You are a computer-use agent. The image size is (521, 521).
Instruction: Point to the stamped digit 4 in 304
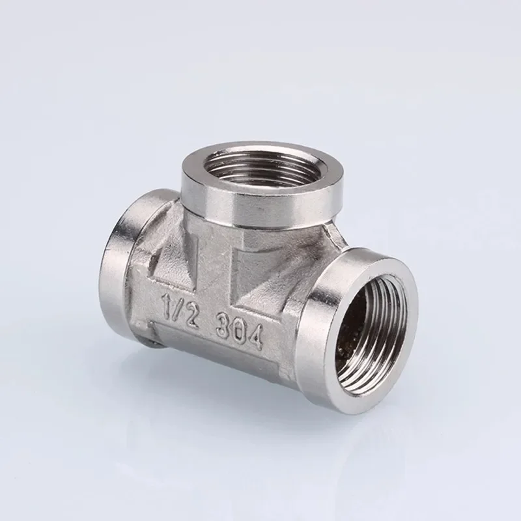tap(255, 336)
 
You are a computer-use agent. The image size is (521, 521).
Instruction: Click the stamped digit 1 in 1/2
tap(166, 303)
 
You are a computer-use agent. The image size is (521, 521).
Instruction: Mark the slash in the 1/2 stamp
tap(178, 307)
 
